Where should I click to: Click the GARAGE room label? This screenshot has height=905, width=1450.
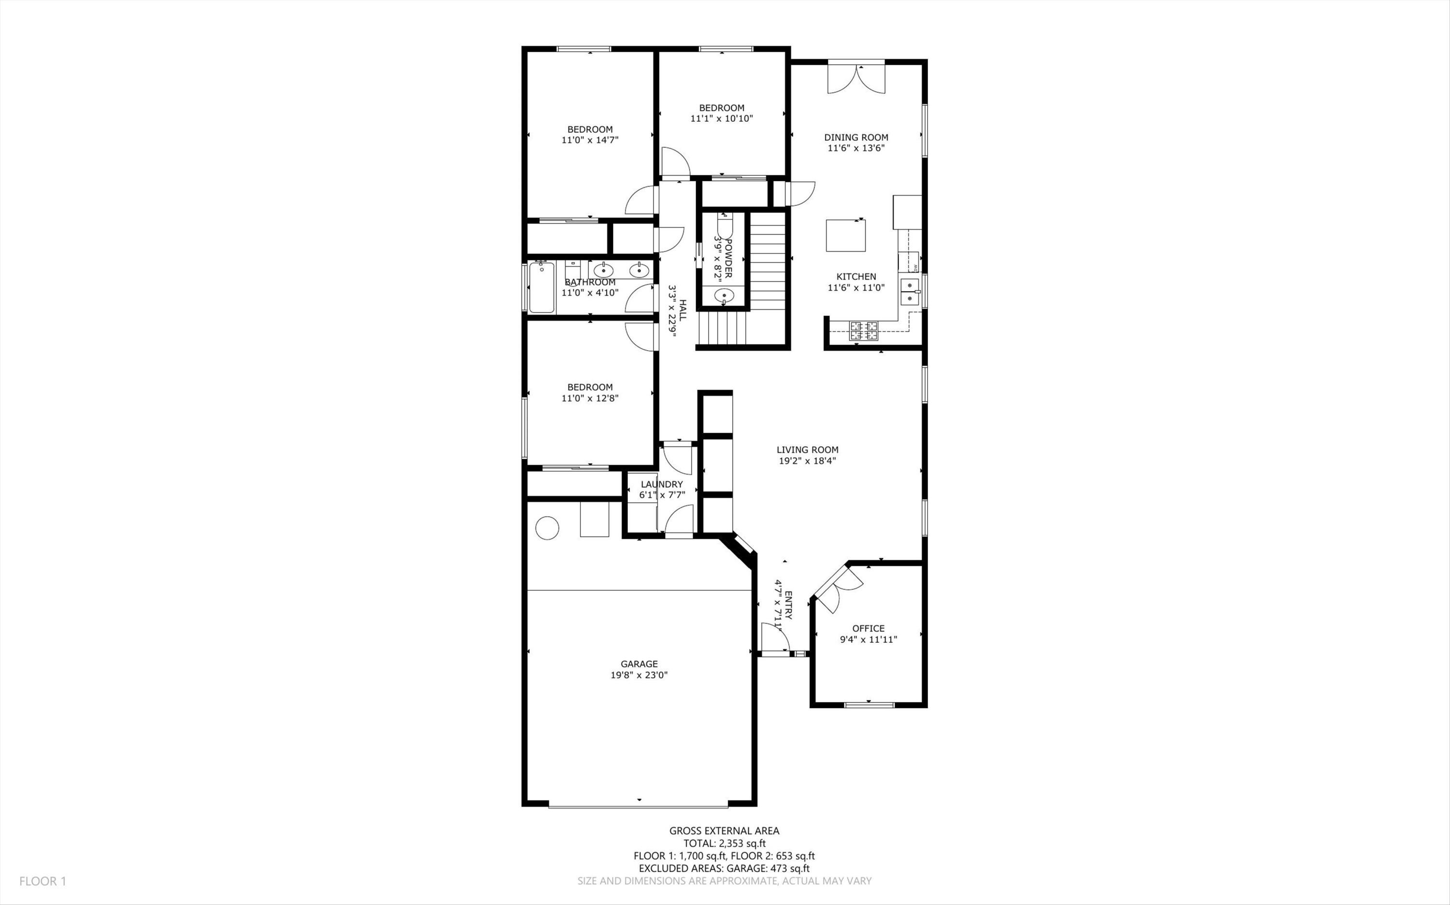[639, 664]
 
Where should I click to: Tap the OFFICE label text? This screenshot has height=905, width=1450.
[869, 628]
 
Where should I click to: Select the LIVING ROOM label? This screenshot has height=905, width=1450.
[807, 450]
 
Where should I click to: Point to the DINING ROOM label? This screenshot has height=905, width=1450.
[856, 137]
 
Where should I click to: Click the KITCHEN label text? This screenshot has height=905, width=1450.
[856, 277]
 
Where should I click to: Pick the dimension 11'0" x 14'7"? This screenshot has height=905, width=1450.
[590, 140]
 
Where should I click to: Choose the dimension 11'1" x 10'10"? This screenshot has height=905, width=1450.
[722, 118]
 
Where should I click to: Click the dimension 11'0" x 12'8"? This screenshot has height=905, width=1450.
[590, 398]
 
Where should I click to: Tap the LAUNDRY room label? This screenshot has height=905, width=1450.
[662, 484]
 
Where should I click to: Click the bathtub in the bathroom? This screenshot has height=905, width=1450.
[541, 288]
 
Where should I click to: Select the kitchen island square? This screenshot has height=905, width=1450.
[846, 235]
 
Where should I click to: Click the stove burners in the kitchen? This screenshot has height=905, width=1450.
[863, 331]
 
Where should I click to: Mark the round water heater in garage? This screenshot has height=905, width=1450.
[547, 528]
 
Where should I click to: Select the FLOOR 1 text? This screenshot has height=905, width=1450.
[43, 881]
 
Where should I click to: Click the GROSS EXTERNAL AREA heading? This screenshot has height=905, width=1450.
[724, 831]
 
